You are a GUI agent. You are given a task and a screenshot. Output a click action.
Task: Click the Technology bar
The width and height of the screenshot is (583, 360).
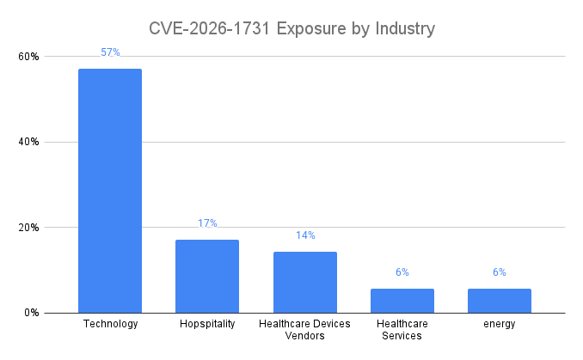(110, 191)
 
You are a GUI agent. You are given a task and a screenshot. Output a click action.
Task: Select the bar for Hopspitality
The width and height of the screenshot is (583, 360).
(207, 276)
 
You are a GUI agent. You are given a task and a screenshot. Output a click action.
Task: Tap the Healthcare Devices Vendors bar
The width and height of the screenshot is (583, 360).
(305, 282)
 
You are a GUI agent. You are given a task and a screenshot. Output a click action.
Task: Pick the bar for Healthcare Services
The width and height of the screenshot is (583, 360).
(402, 301)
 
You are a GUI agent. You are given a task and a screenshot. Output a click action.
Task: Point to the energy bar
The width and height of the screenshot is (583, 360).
(500, 301)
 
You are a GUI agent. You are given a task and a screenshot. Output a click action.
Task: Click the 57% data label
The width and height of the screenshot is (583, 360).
(110, 52)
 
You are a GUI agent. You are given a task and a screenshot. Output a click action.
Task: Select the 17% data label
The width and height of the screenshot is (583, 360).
(207, 223)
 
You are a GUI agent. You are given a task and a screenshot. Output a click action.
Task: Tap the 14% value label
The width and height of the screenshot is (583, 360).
(305, 235)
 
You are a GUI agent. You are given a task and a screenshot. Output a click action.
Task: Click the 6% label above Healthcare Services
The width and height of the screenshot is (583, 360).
(402, 272)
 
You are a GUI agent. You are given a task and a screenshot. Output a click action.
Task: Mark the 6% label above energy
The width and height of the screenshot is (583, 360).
(500, 272)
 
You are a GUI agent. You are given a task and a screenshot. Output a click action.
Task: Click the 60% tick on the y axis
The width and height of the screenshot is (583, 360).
(29, 57)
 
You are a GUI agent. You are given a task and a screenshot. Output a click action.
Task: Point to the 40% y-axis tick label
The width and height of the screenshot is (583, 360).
(29, 142)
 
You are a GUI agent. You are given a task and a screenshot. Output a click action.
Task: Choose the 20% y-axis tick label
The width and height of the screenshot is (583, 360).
(29, 228)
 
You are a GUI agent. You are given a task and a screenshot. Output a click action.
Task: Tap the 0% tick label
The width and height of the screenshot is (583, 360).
(32, 313)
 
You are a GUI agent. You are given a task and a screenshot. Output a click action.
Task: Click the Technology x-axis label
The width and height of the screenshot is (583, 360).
(110, 324)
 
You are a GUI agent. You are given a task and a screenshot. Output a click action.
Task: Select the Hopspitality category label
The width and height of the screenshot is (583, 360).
(207, 324)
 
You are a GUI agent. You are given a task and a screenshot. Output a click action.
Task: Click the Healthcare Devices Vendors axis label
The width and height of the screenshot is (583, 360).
(305, 329)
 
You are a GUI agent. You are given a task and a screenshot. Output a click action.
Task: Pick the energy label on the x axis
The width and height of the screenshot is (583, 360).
(500, 324)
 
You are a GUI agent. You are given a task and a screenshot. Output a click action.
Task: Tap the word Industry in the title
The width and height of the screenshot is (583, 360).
(404, 28)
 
